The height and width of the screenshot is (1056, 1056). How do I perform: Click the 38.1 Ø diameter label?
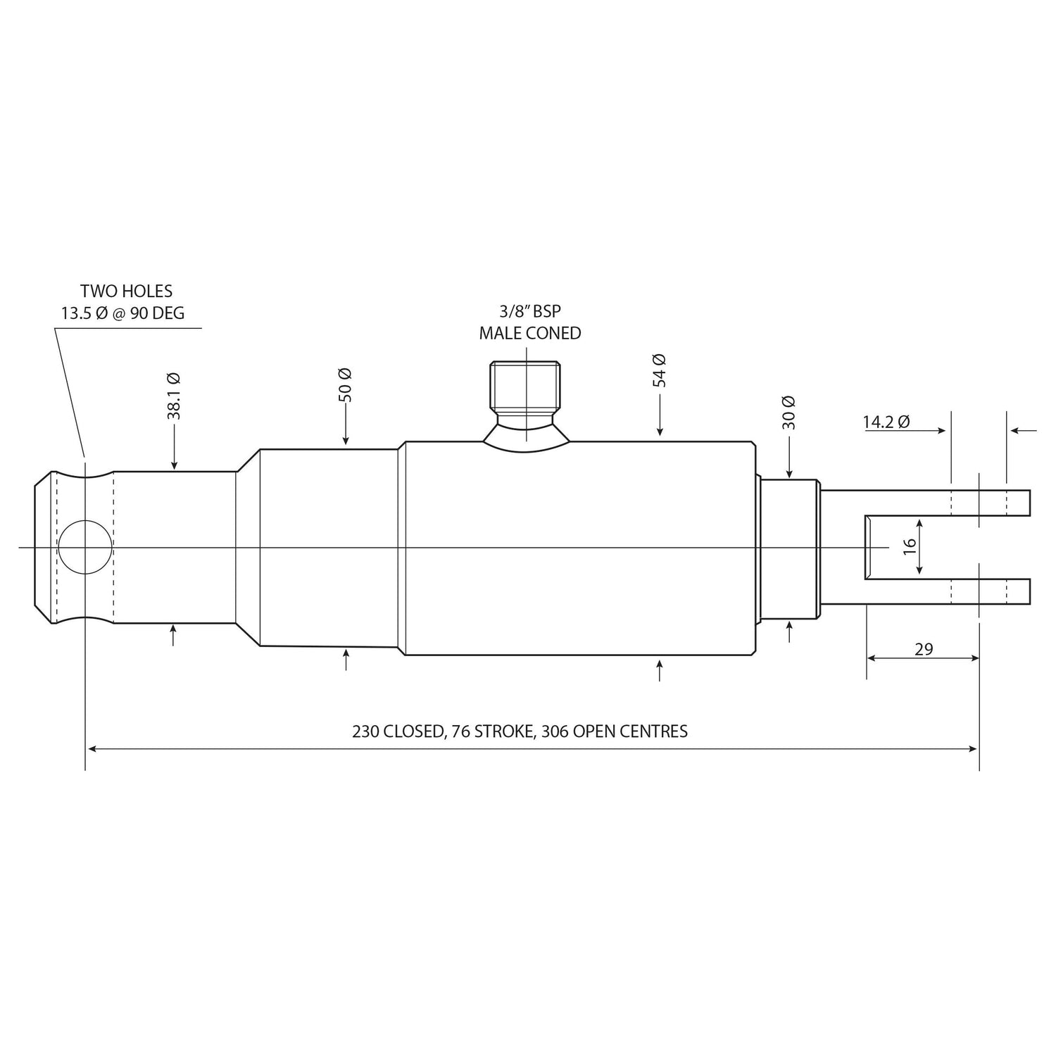[173, 396]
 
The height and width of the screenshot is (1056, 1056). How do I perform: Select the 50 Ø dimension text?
[345, 385]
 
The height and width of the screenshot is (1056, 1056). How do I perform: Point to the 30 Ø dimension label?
[788, 413]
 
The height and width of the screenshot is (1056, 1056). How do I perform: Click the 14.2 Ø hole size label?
[886, 422]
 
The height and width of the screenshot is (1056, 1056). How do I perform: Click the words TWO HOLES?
[126, 291]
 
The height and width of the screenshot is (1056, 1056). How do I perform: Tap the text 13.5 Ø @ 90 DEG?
[122, 313]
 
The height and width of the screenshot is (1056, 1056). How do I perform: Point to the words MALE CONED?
[530, 334]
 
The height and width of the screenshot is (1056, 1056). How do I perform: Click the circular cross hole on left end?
[84, 547]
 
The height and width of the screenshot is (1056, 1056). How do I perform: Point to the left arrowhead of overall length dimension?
[90, 749]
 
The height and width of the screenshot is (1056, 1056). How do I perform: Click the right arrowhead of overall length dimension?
[974, 749]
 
